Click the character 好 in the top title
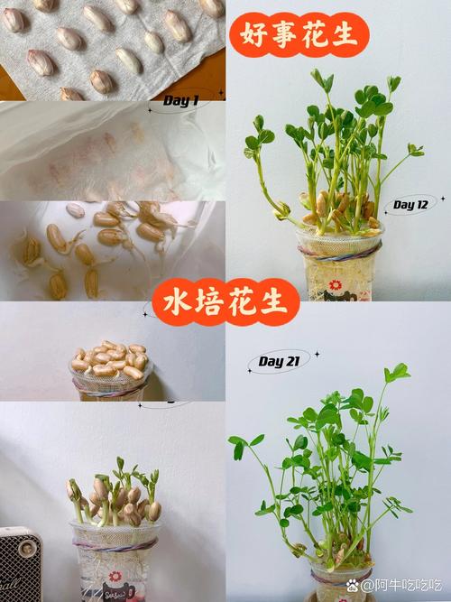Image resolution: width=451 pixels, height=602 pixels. pyautogui.click(x=253, y=34)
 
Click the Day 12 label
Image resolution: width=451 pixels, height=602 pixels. pyautogui.click(x=410, y=205)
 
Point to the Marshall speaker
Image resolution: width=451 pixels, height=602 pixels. pyautogui.click(x=19, y=564)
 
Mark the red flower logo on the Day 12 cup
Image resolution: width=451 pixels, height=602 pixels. pyautogui.click(x=335, y=285)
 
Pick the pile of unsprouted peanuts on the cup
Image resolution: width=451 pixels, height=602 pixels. pyautogui.click(x=108, y=359)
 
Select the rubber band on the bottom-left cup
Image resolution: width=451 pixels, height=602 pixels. pyautogui.click(x=115, y=544)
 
